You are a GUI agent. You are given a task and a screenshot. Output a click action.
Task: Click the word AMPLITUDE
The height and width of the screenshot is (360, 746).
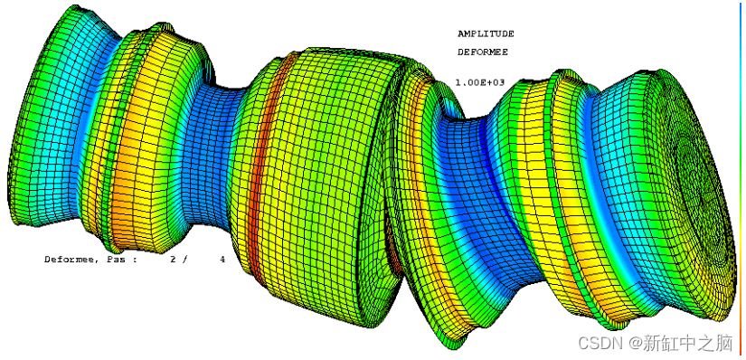[x=486, y=33]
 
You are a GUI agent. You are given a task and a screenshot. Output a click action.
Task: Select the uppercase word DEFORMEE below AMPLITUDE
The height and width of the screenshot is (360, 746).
[x=483, y=52]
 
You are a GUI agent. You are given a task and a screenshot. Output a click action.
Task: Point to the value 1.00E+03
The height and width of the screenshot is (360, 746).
[x=479, y=82]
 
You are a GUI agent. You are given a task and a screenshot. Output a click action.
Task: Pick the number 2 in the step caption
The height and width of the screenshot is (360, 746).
[x=174, y=260]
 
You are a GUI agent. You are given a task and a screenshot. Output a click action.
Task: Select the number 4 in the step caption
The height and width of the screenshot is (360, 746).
[x=222, y=260]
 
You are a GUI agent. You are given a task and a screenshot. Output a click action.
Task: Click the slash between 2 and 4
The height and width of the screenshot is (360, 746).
[x=185, y=260]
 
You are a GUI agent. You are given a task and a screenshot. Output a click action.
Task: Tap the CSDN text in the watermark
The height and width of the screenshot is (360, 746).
[x=594, y=342]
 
